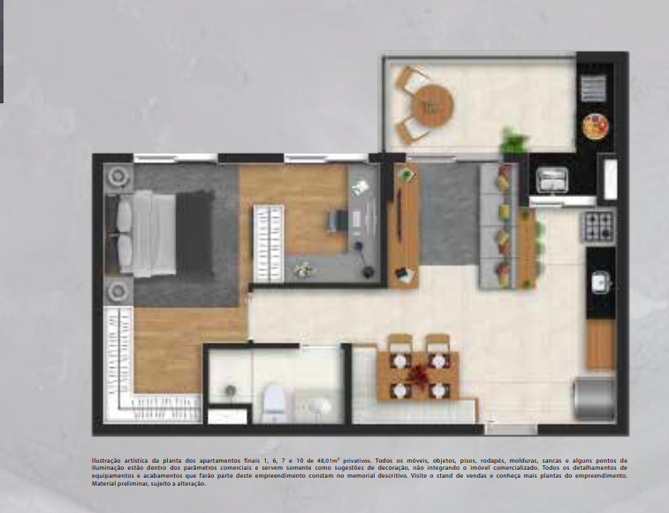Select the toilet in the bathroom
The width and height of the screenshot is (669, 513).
click(x=273, y=402)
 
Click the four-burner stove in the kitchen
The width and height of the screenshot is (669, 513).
click(x=597, y=225)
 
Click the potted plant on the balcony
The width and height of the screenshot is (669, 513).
click(x=513, y=141)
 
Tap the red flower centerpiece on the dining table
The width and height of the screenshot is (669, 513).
click(x=419, y=374)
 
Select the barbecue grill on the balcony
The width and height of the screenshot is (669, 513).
click(x=592, y=89)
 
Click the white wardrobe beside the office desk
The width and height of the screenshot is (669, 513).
click(x=269, y=243)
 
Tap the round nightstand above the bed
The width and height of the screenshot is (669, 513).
click(x=118, y=178)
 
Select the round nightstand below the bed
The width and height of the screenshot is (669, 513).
click(x=118, y=290)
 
